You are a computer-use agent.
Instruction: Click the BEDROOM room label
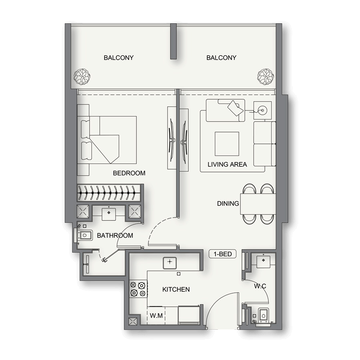[129, 173]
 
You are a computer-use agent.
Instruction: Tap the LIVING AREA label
[227, 164]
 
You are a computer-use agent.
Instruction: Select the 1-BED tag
[223, 254]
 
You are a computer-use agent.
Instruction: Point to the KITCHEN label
[176, 289]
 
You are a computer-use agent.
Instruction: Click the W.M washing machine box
[156, 316]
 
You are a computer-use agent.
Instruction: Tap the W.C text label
[260, 286]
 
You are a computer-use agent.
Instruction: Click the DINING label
[228, 204]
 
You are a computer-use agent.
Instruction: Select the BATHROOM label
[115, 236]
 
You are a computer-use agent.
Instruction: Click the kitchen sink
[170, 262]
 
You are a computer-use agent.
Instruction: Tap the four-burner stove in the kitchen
[138, 289]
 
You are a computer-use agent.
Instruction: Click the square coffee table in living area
[227, 144]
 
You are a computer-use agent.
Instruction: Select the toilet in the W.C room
[263, 315]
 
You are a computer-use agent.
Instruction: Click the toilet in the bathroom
[84, 236]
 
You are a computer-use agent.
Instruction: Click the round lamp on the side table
[262, 109]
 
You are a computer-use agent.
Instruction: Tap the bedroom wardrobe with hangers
[109, 192]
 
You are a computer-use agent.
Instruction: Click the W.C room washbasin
[263, 260]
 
